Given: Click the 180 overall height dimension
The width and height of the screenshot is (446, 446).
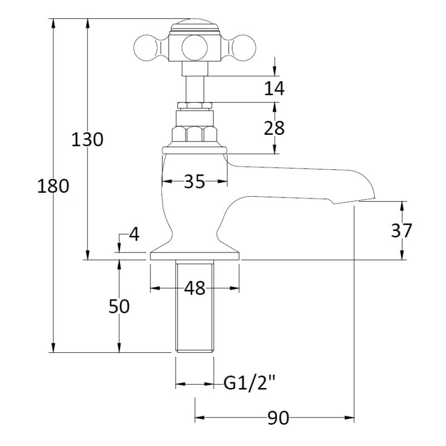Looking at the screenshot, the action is point(53,186).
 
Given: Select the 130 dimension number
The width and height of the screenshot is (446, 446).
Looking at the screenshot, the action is point(87,139).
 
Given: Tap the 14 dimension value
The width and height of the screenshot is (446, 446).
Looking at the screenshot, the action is point(274,88).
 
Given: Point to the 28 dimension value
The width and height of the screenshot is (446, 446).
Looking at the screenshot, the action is point(274,128).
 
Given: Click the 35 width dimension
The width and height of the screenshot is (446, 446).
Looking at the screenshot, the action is point(194,181).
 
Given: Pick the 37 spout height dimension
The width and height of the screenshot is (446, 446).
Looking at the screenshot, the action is point(401,230).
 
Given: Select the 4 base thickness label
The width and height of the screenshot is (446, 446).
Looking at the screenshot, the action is point(134,235).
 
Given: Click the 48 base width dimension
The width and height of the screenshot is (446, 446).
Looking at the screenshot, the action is point(195,288).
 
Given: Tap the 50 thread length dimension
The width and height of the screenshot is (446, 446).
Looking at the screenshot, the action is point(119,306).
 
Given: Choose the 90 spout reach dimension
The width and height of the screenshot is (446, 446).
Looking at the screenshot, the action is point(278,418).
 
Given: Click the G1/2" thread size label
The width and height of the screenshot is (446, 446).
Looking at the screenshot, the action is point(250,384).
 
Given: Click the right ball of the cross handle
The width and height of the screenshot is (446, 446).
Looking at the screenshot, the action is point(244,47).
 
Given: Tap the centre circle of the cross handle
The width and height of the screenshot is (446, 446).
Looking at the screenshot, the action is point(194,47).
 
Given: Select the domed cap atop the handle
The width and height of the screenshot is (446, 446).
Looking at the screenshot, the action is point(195,25).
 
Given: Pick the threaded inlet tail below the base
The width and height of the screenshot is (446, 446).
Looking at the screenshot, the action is point(195,306).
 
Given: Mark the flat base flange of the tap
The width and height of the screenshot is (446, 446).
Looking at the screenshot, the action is point(195,256).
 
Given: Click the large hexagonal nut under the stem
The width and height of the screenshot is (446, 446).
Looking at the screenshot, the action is point(195,134).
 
